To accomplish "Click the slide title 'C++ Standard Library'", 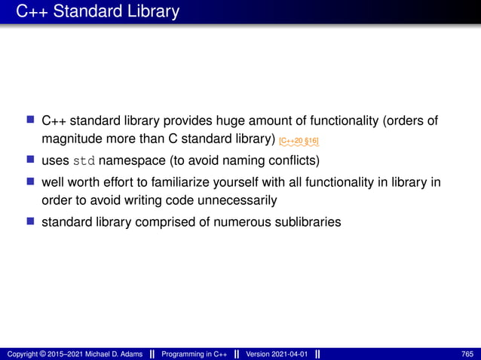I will [x=97, y=11].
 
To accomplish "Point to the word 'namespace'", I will [x=132, y=160].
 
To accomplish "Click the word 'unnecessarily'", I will [x=242, y=201].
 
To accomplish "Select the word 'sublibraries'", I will [x=308, y=221].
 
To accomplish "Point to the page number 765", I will [x=467, y=353].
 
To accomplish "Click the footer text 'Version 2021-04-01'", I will [x=277, y=353].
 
